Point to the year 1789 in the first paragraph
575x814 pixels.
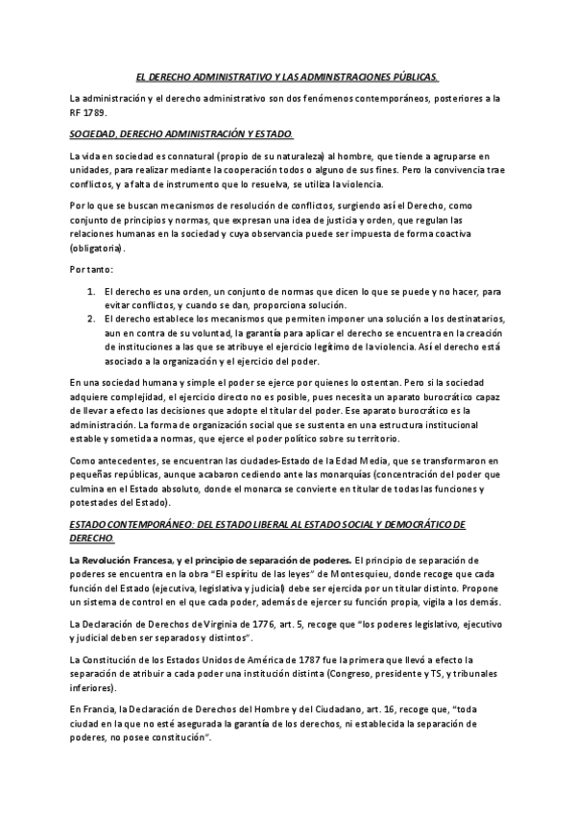coord(99,111)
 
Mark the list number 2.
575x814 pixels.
coord(90,316)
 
